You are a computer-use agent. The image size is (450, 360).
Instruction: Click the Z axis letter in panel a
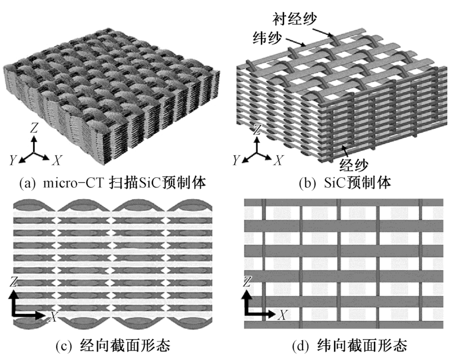point(34,128)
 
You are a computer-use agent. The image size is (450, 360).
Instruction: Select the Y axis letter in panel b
point(236,161)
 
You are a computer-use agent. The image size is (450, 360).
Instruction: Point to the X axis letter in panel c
point(53,317)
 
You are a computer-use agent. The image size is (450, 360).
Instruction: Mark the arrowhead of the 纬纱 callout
point(307,44)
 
